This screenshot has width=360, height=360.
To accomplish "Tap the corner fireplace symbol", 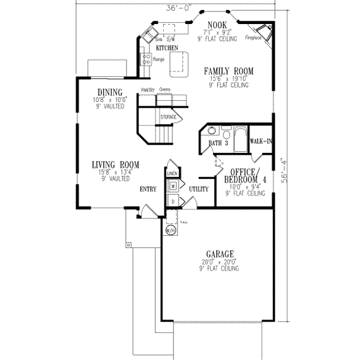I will click(263, 34).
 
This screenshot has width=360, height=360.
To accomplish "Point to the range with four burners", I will click(145, 59).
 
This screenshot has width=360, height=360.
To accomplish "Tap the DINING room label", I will click(109, 92).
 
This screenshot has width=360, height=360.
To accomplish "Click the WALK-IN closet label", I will click(262, 142).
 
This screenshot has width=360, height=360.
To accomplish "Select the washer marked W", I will click(172, 187).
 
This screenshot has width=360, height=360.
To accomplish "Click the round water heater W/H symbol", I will click(170, 231).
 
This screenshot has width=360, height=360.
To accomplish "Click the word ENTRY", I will click(148, 190).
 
